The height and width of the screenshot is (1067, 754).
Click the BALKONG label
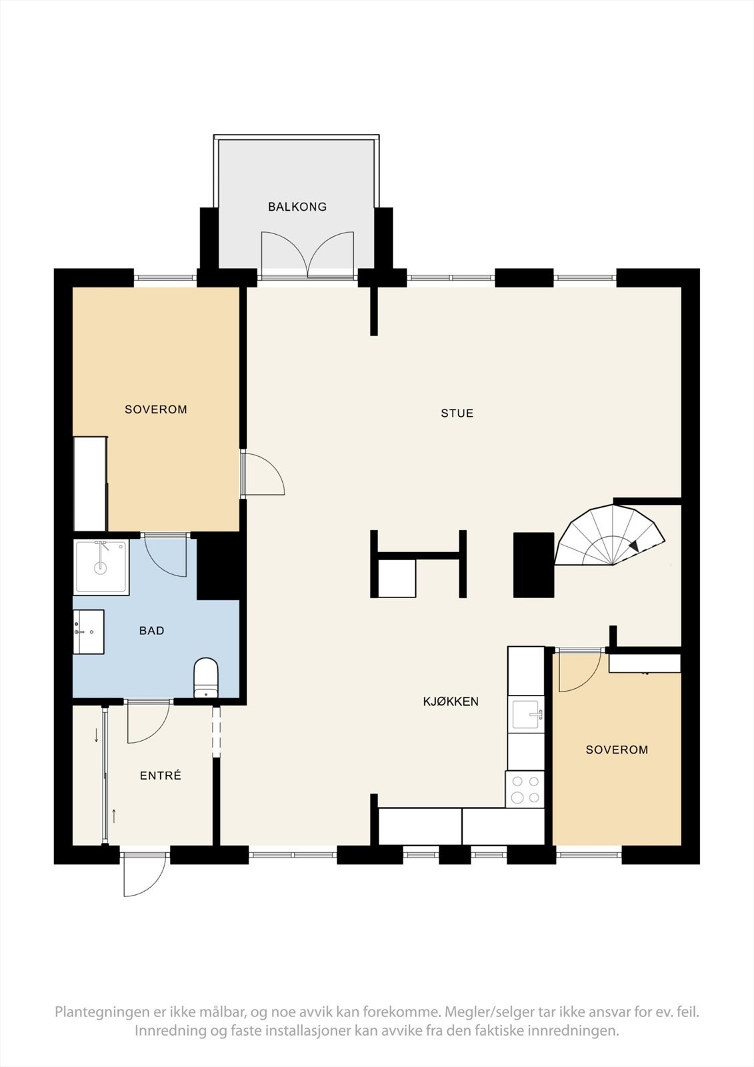(297, 207)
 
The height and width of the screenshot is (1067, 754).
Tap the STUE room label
(457, 413)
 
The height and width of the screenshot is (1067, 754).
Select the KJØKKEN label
(451, 702)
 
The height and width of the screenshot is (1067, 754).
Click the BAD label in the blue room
(152, 631)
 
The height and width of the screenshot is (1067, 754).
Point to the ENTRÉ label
(161, 776)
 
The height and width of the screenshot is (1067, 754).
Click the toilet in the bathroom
(206, 677)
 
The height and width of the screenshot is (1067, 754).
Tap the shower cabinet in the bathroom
(101, 566)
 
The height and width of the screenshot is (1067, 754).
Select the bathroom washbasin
(89, 631)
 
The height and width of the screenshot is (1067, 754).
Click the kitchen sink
(527, 715)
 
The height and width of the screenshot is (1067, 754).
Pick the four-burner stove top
(525, 789)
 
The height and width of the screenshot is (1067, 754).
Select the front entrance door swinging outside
(144, 875)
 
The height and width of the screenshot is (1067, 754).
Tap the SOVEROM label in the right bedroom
(617, 750)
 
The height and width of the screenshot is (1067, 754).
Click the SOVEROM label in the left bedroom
(156, 409)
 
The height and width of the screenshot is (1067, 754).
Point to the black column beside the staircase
(533, 564)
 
